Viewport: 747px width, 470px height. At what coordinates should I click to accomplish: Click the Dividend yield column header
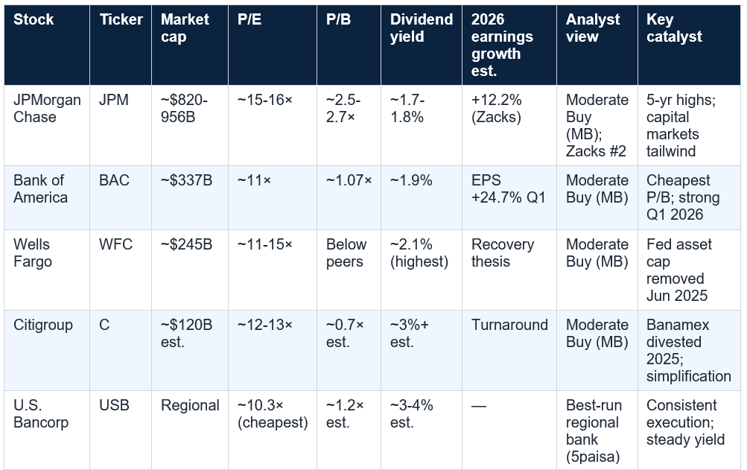click(421, 28)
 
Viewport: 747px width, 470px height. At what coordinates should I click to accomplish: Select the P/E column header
click(249, 19)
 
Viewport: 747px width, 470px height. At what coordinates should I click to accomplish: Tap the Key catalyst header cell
click(674, 28)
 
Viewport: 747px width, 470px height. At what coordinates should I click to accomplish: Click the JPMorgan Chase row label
click(47, 108)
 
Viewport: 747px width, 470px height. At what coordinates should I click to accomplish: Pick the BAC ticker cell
click(115, 180)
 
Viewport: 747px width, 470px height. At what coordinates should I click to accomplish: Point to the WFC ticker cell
click(115, 244)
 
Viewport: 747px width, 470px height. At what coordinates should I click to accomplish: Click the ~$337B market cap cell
click(186, 180)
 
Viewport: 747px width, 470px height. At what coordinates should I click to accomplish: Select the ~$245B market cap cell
click(186, 244)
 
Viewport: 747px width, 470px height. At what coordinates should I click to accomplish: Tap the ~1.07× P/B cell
click(349, 180)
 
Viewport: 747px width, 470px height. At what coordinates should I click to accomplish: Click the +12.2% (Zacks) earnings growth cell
click(497, 108)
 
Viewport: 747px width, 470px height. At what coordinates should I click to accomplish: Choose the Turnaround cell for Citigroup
click(509, 325)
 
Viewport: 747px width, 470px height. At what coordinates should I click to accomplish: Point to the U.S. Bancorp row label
click(41, 413)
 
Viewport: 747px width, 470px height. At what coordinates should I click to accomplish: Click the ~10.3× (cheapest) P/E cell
click(273, 413)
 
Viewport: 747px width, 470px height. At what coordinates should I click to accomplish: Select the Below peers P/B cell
click(346, 253)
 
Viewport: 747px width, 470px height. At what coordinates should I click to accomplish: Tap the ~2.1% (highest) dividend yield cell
click(419, 253)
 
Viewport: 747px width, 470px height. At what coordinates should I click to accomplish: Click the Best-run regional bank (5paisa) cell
click(594, 431)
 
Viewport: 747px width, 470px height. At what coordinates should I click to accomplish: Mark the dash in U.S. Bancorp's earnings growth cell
click(479, 406)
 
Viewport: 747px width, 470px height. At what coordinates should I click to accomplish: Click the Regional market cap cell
click(190, 405)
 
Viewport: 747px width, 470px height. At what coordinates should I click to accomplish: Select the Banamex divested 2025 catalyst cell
click(688, 350)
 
